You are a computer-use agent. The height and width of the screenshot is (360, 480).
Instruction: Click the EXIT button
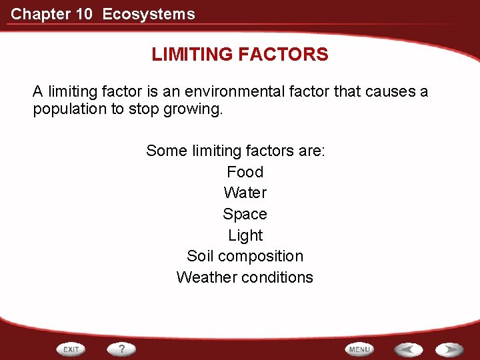pos(72,349)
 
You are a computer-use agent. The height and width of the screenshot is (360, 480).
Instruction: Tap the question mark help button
pos(121,349)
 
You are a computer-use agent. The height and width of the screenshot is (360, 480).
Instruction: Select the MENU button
pos(359,349)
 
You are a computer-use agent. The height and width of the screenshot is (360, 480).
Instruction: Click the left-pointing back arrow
pos(407,349)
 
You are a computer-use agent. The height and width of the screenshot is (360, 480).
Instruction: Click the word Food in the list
pos(245,172)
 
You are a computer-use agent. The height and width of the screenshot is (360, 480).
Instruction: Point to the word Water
pos(245,193)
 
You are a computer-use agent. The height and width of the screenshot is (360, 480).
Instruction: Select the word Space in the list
pos(245,214)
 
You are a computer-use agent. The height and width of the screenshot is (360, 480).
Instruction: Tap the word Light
pos(245,235)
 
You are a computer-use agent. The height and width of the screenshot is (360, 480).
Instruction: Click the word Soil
pos(200,256)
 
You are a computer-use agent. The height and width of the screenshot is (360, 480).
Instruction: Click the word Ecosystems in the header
pos(149,14)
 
